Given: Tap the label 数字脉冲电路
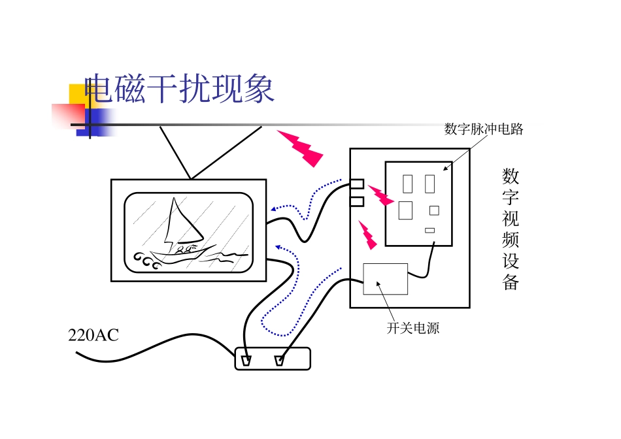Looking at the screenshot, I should click(484, 129).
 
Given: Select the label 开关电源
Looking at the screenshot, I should click(413, 328).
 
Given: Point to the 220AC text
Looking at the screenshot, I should click(93, 336).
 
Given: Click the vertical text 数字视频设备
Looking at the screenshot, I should click(511, 229).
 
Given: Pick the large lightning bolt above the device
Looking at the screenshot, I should click(300, 147).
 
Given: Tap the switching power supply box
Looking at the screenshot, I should click(385, 279).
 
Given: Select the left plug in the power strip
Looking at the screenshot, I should click(246, 360).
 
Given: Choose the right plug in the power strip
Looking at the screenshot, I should click(280, 360).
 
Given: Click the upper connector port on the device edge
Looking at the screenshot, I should click(357, 184).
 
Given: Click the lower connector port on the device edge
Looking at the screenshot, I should click(357, 201).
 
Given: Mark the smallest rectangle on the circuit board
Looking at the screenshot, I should click(429, 230).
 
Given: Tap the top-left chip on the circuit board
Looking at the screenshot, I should click(408, 184).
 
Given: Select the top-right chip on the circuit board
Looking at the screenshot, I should click(429, 184).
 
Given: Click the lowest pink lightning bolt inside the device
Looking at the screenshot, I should click(368, 235).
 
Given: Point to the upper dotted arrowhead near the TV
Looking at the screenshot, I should click(274, 210).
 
